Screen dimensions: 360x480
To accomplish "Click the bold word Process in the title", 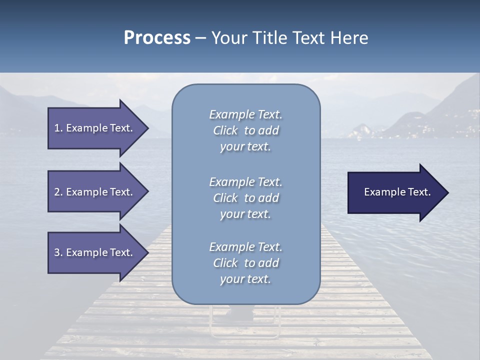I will [x=157, y=37].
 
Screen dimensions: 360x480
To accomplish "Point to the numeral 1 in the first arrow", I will [x=56, y=128].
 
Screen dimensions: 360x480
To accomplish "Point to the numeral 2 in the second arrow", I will [x=56, y=192].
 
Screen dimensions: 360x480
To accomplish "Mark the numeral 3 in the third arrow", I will [x=56, y=252].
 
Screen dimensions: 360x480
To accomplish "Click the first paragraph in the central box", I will [x=245, y=130].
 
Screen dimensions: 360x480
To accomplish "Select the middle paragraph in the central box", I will [x=245, y=198].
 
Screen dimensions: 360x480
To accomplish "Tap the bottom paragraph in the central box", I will [x=245, y=263].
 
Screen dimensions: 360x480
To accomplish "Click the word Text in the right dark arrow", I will [x=419, y=192].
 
